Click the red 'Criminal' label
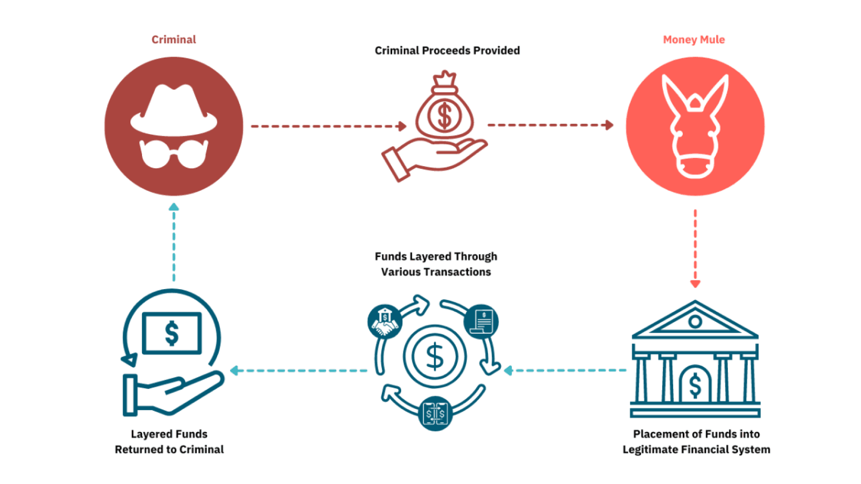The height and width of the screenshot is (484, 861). point(174,39)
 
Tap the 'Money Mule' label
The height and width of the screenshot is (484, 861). point(693,39)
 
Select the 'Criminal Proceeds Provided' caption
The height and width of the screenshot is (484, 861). point(447,50)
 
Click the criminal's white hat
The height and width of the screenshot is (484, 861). point(174,111)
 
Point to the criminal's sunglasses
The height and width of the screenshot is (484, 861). point(174,153)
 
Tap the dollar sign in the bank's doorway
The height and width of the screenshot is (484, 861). point(695,385)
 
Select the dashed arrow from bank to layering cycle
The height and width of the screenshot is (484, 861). point(566,370)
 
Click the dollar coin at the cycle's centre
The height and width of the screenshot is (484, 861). point(435,356)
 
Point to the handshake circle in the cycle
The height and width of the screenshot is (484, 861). point(384,322)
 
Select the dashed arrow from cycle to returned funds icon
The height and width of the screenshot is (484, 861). point(299,370)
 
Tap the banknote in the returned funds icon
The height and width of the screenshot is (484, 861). point(172,333)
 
